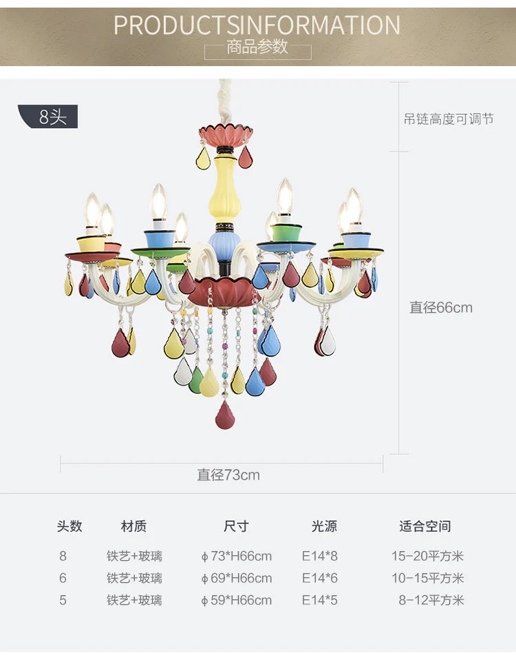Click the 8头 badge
pos(48,116)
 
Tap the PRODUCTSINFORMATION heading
pos(257,25)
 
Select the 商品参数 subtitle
pos(257,47)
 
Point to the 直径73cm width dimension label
pos(228,475)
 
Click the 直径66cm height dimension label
pos(441,307)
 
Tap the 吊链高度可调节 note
pos(449,118)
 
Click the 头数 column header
pos(69,526)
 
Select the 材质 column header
pos(133,526)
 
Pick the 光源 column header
pos(324,526)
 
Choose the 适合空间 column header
pos(425,526)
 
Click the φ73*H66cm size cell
pos(237,556)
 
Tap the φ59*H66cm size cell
pos(237,600)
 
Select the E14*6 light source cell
pos(320,578)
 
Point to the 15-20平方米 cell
pos(427,556)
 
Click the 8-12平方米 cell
pos(431,600)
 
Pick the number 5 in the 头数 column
pos(63,600)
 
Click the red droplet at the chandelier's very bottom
pos(225,415)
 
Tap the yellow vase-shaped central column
pos(222,189)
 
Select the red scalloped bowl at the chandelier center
pos(225,292)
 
